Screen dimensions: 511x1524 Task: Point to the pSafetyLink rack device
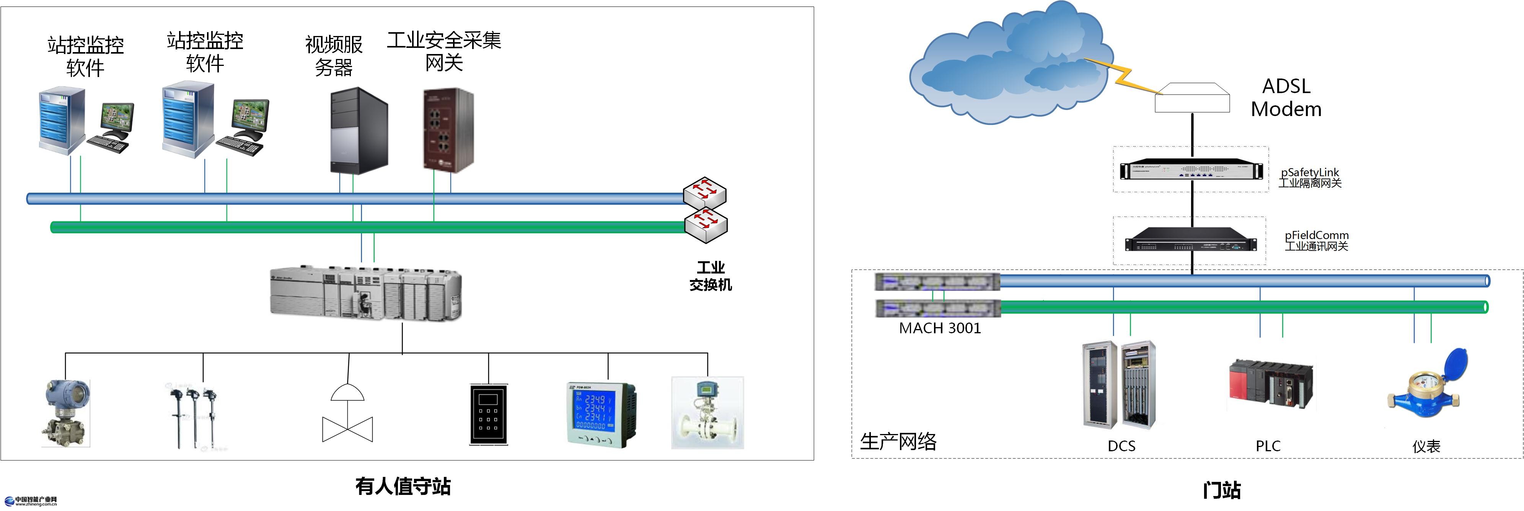(1191, 170)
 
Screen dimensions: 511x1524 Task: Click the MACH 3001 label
(939, 328)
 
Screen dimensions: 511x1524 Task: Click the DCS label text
(1121, 446)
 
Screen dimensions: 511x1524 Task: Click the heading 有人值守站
(403, 486)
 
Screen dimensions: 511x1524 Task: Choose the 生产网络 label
(898, 441)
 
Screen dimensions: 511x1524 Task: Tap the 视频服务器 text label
(334, 56)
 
